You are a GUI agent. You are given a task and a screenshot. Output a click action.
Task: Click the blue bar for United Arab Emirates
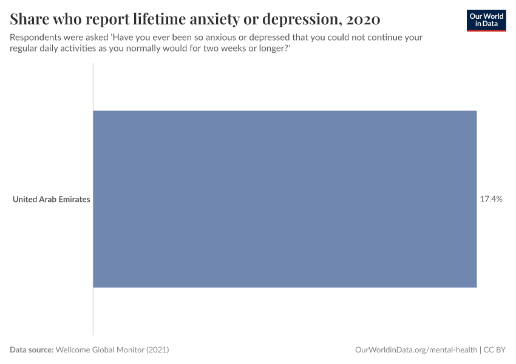[x=284, y=199]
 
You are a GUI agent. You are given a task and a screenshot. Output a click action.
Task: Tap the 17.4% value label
[x=491, y=199]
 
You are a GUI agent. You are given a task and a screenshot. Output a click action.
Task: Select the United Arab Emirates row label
[x=51, y=199]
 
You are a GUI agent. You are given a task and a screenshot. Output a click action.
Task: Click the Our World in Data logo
[x=486, y=20]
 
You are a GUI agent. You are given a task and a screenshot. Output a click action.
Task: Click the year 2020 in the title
[x=363, y=19]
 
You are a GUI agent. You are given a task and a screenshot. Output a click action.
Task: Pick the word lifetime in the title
[x=152, y=19]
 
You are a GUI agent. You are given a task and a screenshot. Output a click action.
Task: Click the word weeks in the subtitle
[x=228, y=48]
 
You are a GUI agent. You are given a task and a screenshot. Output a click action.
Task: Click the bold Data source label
[x=32, y=350]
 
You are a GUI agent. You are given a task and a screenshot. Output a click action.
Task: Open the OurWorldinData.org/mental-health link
[x=416, y=350]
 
